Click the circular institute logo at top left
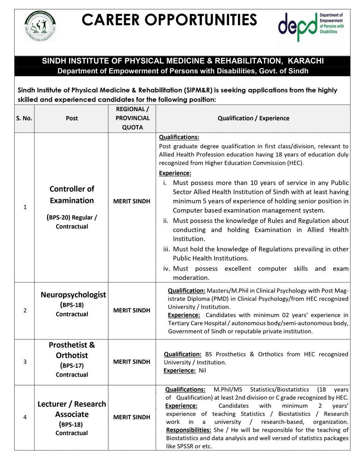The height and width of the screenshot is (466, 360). coord(40,26)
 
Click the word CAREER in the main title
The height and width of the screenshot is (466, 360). coord(111,20)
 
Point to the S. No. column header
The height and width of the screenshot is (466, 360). coord(24,119)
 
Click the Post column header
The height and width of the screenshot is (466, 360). coord(72,119)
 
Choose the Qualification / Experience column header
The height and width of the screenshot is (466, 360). coord(253,119)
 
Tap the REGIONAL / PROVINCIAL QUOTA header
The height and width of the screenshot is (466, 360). coord(132,119)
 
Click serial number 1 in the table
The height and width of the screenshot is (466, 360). coord(25,207)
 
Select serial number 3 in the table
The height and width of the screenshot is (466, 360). coord(25,362)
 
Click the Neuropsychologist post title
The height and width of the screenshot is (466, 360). coord(73,295)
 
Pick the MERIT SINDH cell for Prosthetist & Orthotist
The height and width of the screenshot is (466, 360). coord(132,362)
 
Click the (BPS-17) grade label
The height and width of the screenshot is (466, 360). coord(72,366)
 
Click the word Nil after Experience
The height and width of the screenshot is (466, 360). coord(202,371)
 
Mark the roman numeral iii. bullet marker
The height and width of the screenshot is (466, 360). coord(167,249)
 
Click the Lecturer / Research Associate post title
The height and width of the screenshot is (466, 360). coord(72,409)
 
